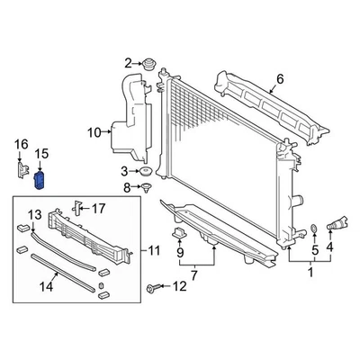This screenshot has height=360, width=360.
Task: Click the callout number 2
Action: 128,62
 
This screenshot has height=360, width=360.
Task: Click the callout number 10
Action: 93,133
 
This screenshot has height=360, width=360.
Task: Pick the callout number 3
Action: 123,171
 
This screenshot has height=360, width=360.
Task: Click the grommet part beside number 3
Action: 144,171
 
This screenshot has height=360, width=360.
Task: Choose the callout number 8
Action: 127,188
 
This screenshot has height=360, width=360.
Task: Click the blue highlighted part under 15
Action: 40,181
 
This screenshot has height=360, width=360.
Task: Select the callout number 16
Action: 19,143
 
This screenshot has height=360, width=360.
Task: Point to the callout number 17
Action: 98,208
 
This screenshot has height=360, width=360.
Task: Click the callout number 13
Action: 33,214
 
